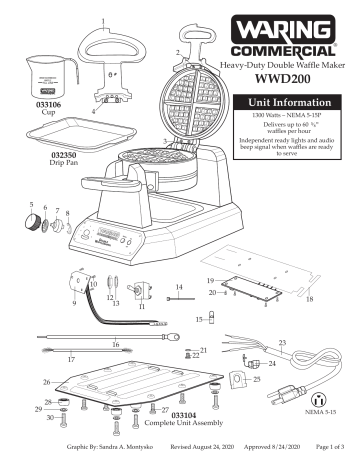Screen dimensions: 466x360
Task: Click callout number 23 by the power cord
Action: point(282,343)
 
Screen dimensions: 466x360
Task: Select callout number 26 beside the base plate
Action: point(46,382)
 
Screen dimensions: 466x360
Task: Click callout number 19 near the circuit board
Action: point(210,282)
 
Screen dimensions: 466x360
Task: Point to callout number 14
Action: point(179,287)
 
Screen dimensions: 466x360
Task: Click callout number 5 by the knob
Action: point(31,205)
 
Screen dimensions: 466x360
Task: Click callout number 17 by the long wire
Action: point(70,357)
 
